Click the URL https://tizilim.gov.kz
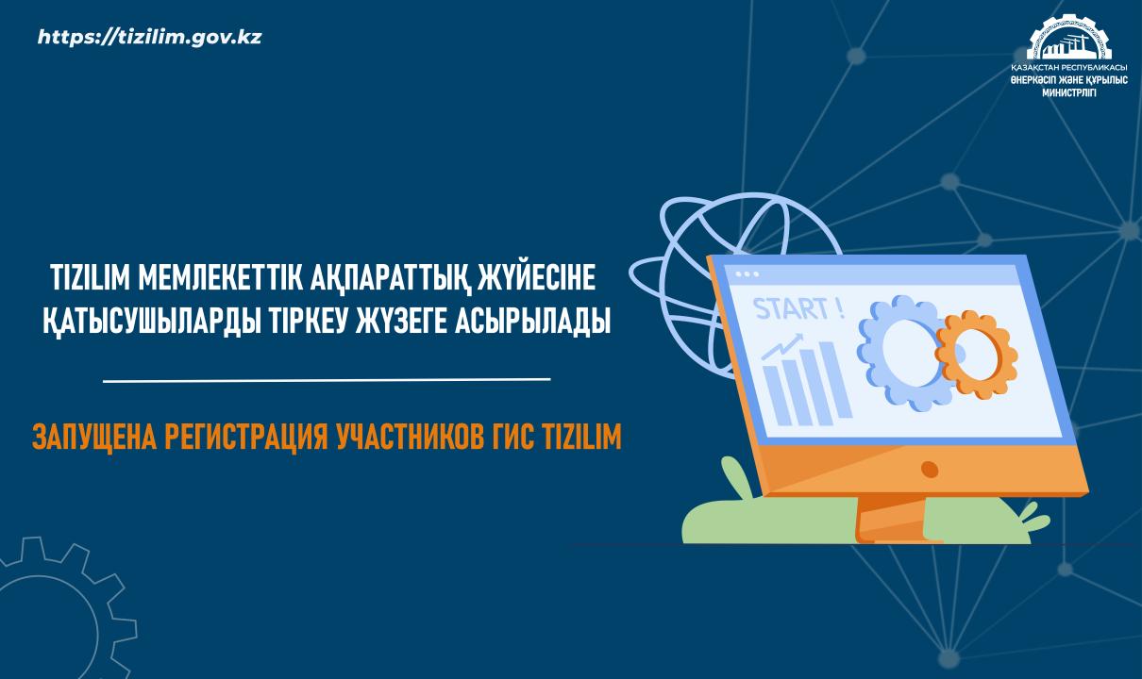pos(149,37)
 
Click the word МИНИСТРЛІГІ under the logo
pos(1069,92)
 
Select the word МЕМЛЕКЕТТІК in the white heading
pos(220,277)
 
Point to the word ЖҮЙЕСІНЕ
pos(536,276)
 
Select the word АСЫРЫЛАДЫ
pos(532,322)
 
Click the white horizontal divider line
pos(327,379)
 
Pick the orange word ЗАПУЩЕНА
pos(94,437)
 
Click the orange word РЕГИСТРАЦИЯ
pos(245,437)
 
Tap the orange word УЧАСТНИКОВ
pos(410,437)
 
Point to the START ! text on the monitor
pos(798,308)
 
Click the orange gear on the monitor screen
pos(976,355)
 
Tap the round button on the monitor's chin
pos(930,469)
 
